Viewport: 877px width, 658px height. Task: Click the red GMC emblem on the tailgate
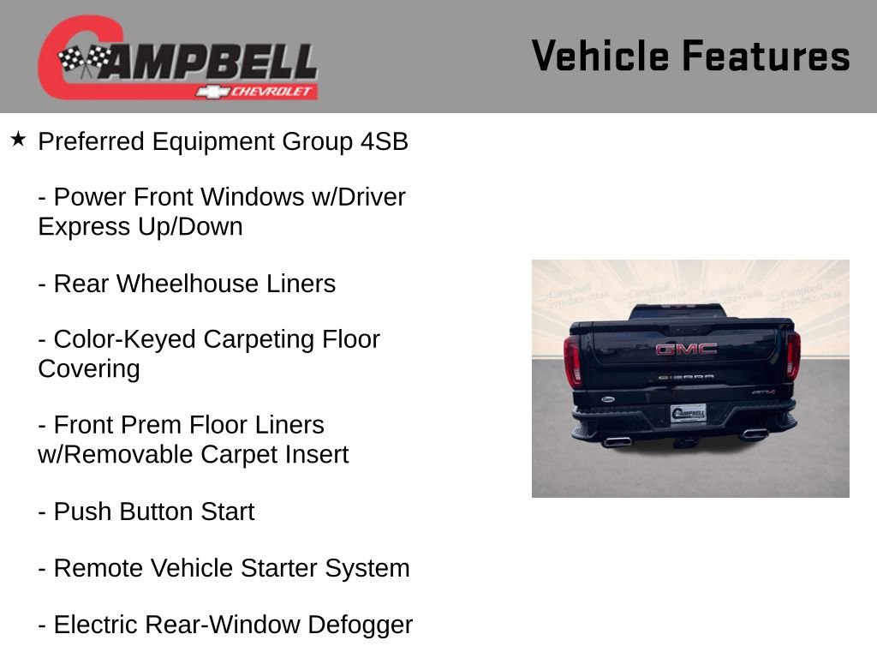(686, 349)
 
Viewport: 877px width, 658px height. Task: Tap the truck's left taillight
(572, 360)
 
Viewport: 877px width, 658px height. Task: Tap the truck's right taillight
(793, 355)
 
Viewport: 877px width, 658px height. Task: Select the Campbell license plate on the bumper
(688, 413)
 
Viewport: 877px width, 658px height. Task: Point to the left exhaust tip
(616, 441)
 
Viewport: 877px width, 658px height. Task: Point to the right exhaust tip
(754, 434)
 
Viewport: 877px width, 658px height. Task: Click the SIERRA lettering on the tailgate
(686, 376)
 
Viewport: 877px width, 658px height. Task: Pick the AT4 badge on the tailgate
(763, 392)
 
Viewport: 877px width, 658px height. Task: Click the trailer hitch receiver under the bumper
(686, 442)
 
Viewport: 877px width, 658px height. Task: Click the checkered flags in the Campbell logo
(84, 61)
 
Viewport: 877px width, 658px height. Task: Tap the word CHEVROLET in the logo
(272, 92)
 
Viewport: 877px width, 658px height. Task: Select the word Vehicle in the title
(600, 57)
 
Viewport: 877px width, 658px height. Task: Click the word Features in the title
(766, 57)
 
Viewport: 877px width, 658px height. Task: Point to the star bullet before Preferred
(19, 139)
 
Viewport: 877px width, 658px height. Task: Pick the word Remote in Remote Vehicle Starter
(98, 568)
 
